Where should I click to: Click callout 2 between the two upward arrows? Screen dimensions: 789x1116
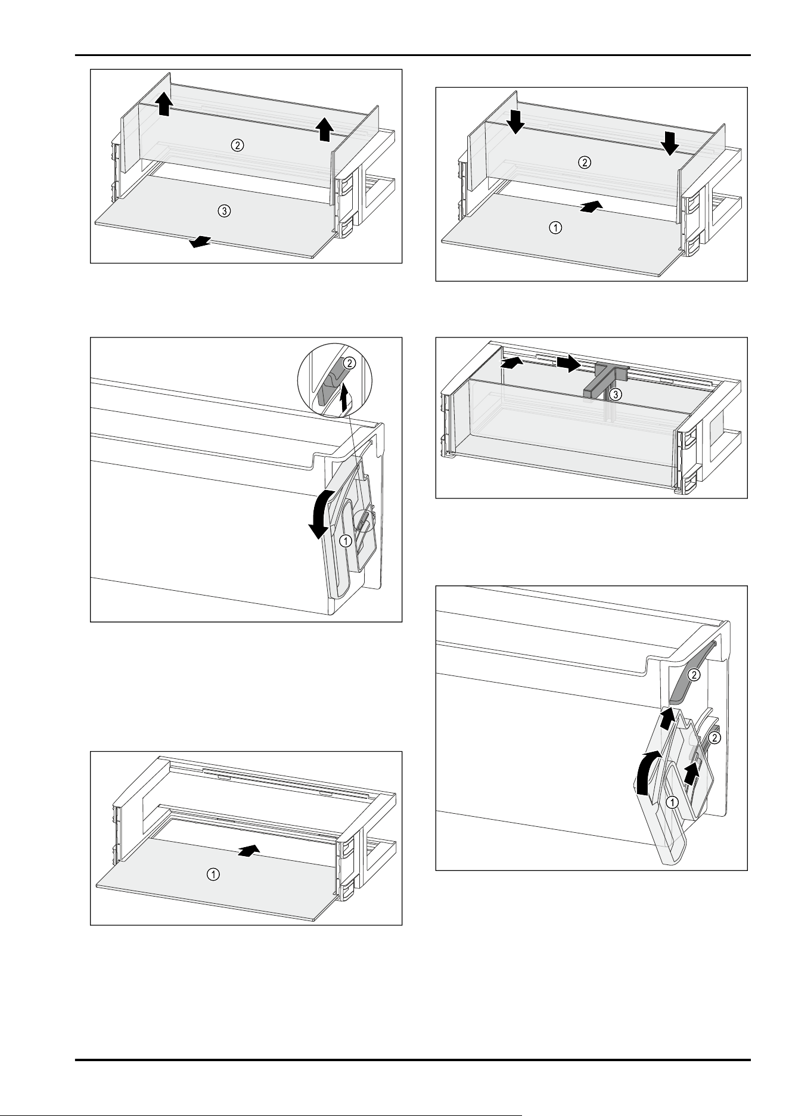(x=237, y=145)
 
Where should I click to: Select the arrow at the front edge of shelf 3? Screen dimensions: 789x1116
(x=200, y=241)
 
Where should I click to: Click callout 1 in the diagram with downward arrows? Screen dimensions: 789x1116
(x=555, y=228)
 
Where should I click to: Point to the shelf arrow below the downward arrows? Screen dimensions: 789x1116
(x=591, y=206)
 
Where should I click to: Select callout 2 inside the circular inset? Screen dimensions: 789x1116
(x=350, y=362)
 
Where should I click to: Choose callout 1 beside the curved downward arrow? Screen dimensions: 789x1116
(x=344, y=541)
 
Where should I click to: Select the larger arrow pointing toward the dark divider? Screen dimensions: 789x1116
(x=568, y=363)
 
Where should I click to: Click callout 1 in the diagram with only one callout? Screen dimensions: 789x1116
(x=212, y=875)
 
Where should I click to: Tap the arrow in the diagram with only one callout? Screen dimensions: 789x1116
(x=249, y=850)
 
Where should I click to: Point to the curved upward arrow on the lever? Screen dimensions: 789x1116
(x=648, y=773)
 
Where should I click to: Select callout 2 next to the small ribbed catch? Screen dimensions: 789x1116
(x=716, y=737)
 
